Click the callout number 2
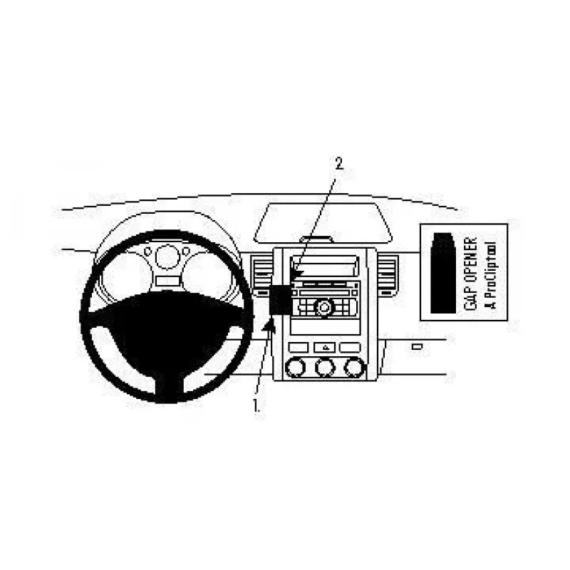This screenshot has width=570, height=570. point(339,163)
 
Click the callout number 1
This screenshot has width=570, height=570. point(256,405)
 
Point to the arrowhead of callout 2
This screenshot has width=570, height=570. point(298,271)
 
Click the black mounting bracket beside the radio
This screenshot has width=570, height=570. point(280,299)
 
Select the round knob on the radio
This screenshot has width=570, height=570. point(323,307)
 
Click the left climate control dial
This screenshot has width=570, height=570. point(296,367)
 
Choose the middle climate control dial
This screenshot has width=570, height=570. point(326,367)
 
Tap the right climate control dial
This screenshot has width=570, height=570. point(354,367)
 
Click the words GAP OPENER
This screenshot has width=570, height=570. point(471,274)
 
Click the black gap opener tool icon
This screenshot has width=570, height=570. point(443,273)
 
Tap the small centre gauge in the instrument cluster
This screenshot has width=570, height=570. point(167,256)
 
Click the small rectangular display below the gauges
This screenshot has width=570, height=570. point(167,281)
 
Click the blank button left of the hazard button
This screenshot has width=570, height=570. point(299,348)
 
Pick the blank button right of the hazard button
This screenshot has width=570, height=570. point(350,348)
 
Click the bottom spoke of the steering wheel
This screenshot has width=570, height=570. point(167,388)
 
